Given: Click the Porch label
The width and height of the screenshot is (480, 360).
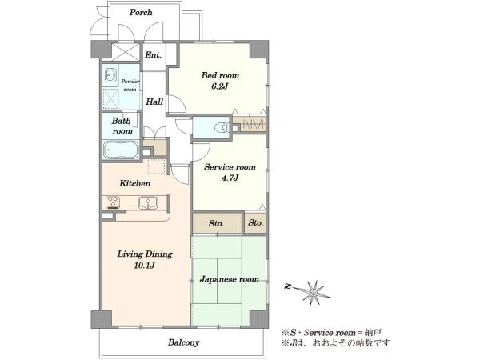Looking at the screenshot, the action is click(141, 13).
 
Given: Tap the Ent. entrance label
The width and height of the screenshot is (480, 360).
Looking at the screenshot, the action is click(153, 55).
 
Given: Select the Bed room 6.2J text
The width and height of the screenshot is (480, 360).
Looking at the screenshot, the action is click(220, 81).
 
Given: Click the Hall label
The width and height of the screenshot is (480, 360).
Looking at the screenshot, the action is click(154, 102).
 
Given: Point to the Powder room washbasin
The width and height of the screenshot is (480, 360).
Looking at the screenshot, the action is click(110, 74).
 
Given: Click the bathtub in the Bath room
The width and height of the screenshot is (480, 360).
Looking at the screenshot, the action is click(121, 150).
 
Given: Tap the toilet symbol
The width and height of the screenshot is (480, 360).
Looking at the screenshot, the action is click(222, 127).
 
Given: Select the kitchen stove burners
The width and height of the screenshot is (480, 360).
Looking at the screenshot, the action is click(113, 202).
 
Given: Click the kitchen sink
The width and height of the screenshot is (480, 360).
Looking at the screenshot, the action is click(148, 203).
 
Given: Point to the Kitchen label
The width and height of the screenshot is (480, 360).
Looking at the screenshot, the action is click(134, 184).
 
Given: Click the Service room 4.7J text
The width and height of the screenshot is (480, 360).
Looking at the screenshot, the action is click(230, 172).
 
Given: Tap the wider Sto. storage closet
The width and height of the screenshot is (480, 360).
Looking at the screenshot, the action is click(218, 223).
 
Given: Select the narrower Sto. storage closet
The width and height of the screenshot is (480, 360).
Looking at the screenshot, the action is click(256, 223).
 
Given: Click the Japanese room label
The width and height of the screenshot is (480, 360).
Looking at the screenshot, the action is click(229, 279).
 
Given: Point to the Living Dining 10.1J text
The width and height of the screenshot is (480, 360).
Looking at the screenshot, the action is click(145, 259).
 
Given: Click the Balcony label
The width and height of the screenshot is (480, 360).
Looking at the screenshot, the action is click(183, 342).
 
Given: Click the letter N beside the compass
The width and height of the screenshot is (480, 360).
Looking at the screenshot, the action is click(287, 286).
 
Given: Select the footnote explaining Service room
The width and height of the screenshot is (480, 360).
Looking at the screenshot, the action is click(331, 333).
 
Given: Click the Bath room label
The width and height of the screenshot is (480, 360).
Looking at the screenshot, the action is click(122, 126).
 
